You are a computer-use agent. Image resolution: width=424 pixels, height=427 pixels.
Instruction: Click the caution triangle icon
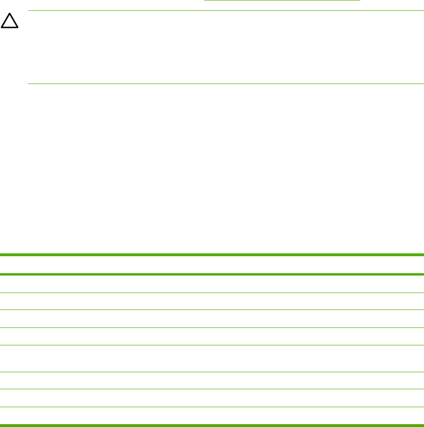10,22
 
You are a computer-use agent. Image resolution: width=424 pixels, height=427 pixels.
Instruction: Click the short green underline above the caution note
282,0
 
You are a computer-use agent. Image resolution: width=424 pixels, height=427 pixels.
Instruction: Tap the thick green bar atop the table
212,255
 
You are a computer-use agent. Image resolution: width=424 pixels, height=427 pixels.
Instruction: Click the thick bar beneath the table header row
212,274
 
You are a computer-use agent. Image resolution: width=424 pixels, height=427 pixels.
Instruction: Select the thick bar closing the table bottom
212,426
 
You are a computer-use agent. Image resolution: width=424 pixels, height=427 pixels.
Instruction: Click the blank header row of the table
212,265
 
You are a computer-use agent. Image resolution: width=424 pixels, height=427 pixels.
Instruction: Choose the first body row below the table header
212,284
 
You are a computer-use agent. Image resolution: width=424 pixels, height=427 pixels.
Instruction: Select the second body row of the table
212,301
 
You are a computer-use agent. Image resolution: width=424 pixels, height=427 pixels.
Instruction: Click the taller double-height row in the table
212,359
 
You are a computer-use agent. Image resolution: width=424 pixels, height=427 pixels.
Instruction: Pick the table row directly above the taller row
212,336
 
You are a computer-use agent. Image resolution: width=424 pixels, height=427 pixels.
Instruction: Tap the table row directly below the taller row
212,381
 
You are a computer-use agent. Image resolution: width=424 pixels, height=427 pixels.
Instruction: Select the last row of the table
212,416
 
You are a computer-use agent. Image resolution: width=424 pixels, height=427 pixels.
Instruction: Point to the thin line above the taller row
212,345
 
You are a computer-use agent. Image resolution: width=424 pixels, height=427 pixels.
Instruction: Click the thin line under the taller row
212,372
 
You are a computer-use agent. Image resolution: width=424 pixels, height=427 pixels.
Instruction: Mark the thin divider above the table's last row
212,407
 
